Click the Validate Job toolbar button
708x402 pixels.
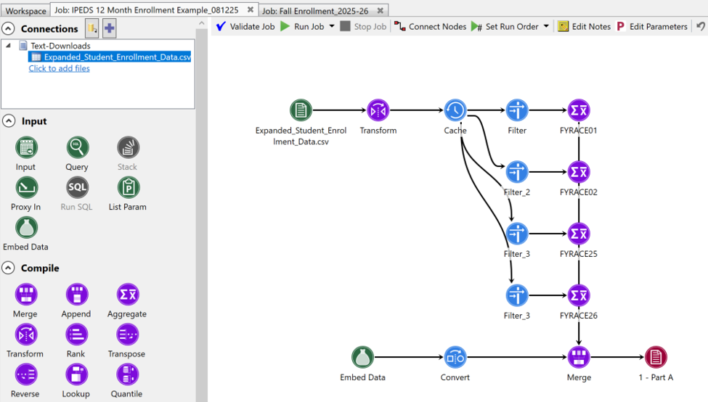tap(245, 27)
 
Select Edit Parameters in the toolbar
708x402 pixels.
tap(651, 27)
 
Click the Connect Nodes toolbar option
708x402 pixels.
tap(430, 27)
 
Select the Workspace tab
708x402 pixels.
tap(25, 10)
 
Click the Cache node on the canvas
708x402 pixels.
tap(455, 110)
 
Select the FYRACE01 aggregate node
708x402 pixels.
tap(579, 110)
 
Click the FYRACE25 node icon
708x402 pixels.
tap(579, 234)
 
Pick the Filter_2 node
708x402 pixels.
tap(517, 172)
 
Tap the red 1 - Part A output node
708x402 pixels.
tap(656, 357)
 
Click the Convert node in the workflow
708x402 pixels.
tap(455, 357)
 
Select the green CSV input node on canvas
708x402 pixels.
tap(301, 110)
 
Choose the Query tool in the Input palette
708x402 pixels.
tap(77, 147)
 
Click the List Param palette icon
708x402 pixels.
tap(129, 187)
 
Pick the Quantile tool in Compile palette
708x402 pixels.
tap(128, 374)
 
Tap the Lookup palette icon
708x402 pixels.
tap(77, 374)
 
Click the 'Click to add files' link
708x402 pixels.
tap(59, 68)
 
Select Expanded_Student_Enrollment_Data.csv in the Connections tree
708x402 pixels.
tap(118, 57)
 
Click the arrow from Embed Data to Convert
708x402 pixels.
tap(409, 357)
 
